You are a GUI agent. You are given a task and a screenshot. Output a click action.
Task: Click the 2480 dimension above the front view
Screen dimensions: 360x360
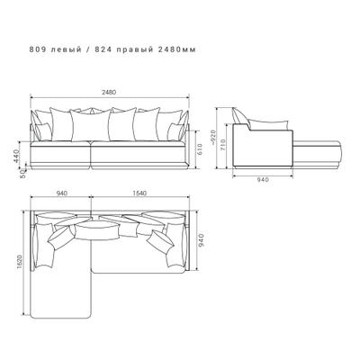[x=109, y=93]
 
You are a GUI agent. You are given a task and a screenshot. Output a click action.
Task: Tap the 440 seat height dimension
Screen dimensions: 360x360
[x=16, y=156]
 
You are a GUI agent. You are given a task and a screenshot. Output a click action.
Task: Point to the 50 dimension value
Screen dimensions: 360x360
[x=22, y=175]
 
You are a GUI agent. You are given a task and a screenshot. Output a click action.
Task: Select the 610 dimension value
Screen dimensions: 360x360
[x=200, y=149]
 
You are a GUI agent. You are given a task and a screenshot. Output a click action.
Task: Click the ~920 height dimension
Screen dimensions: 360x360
[x=212, y=137]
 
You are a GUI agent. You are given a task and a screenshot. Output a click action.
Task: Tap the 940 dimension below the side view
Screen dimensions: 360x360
[x=263, y=180]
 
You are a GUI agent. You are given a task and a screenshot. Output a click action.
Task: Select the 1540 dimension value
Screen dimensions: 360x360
[x=139, y=193]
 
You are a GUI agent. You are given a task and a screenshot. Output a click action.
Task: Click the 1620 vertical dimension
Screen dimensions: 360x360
[x=20, y=262]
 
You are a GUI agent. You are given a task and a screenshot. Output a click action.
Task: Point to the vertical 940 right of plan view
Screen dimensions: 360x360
[x=201, y=240]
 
